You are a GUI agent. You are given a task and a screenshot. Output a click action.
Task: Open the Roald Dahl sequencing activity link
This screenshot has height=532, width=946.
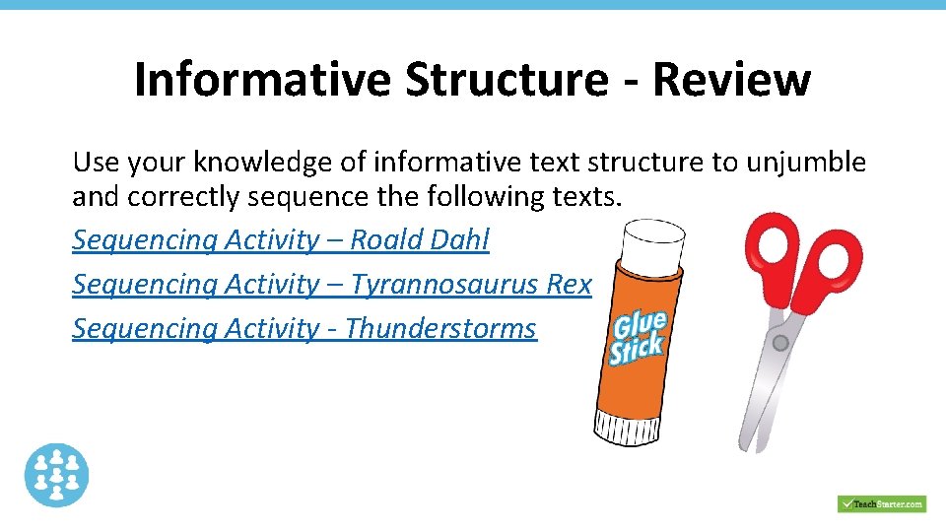280,239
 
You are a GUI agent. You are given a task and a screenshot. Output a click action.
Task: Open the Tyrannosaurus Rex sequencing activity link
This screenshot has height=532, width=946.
331,284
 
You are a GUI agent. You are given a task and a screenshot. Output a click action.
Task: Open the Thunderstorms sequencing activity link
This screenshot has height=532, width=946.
304,328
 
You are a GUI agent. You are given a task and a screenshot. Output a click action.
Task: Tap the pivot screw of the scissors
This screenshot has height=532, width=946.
780,343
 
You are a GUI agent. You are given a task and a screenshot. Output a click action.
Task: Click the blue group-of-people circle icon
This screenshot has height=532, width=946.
57,475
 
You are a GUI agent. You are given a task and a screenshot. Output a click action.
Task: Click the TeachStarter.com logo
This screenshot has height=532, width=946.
881,503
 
